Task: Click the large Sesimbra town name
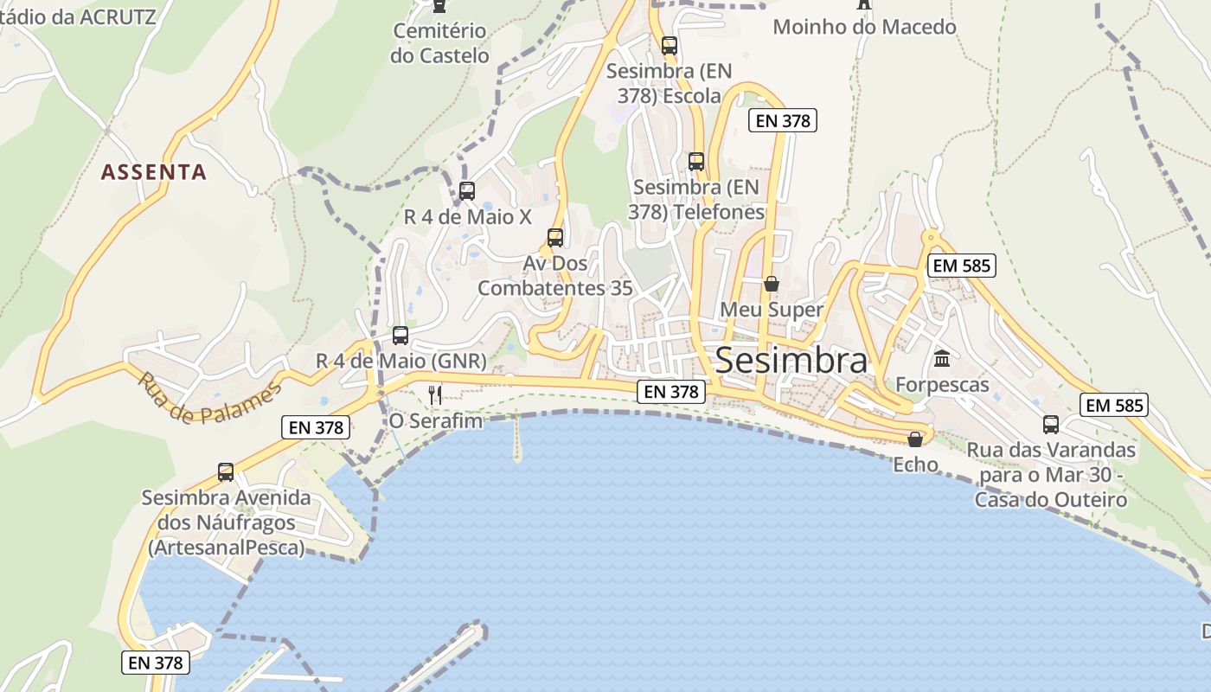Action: (x=791, y=361)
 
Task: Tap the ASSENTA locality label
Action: (x=154, y=172)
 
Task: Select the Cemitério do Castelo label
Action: (x=439, y=43)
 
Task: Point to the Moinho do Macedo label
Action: (x=864, y=27)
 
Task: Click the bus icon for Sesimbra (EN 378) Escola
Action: (x=669, y=46)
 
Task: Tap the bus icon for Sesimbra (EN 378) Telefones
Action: (x=696, y=162)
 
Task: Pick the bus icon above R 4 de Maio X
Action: (x=467, y=191)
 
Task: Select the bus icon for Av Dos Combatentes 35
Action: (x=555, y=238)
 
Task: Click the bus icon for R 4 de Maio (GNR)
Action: (x=400, y=336)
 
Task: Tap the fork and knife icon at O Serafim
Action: (x=435, y=395)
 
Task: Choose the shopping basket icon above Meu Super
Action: (x=772, y=284)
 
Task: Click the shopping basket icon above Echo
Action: (x=915, y=439)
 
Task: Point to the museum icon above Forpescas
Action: (x=942, y=358)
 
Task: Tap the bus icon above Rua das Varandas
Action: (x=1051, y=425)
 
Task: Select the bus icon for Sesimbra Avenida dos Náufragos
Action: (x=226, y=472)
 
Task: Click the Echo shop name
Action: (x=915, y=465)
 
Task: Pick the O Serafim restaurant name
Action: (x=436, y=421)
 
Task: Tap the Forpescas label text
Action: (x=942, y=385)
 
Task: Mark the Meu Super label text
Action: (x=772, y=310)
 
